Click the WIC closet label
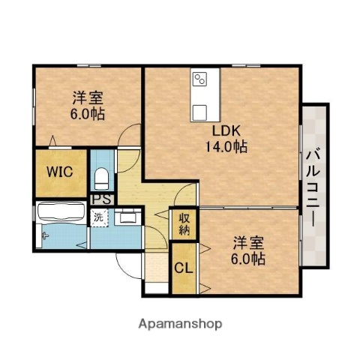pos(59,170)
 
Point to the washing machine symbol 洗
pos(98,217)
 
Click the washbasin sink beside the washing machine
pos(127,217)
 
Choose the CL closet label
pos(183,268)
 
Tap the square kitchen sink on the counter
pos(201,112)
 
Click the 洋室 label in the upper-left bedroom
pos(88,97)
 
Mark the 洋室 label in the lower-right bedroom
pos(247,242)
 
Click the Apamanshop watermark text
pos(180,325)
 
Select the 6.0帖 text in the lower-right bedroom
pos(247,259)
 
